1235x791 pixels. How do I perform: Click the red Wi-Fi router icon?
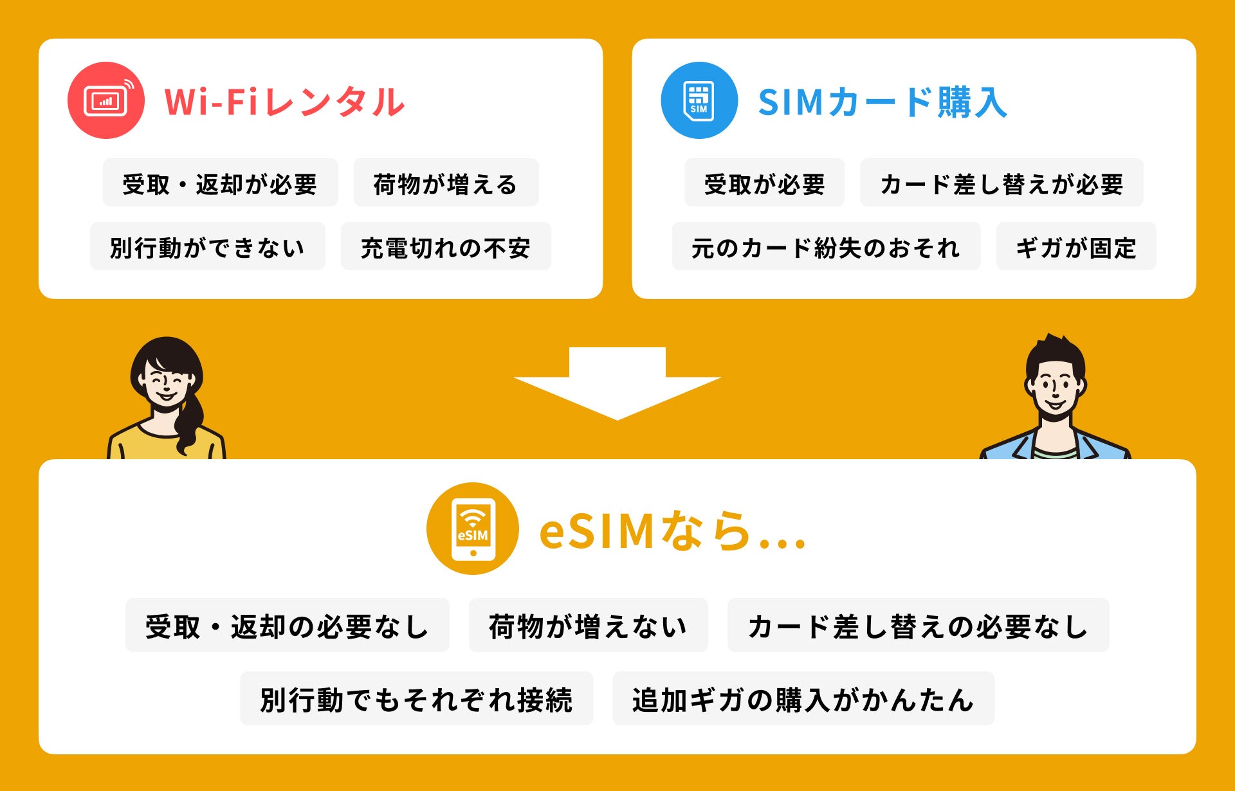pyautogui.click(x=105, y=100)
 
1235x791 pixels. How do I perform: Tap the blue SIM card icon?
pyautogui.click(x=699, y=100)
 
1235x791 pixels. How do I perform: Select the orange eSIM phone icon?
pyautogui.click(x=473, y=529)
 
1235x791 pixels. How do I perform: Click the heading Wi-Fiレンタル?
pyautogui.click(x=284, y=102)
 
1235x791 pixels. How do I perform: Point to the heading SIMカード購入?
pyautogui.click(x=883, y=102)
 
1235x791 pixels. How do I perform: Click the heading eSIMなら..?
pyautogui.click(x=672, y=531)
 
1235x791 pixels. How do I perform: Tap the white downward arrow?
pyautogui.click(x=617, y=383)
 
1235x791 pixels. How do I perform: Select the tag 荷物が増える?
pyautogui.click(x=446, y=183)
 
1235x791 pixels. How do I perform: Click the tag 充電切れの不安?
pyautogui.click(x=446, y=247)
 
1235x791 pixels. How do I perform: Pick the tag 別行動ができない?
pyautogui.click(x=207, y=247)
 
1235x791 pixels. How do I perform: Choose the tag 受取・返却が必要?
pyautogui.click(x=220, y=183)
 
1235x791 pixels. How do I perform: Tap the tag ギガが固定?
pyautogui.click(x=1075, y=247)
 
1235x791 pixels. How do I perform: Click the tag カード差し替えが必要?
pyautogui.click(x=1001, y=183)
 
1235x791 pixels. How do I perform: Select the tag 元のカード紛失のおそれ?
pyautogui.click(x=826, y=247)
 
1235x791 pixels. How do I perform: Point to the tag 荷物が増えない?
pyautogui.click(x=588, y=626)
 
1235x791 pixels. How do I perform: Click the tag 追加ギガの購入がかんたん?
pyautogui.click(x=803, y=699)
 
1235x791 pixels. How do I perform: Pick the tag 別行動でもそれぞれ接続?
pyautogui.click(x=416, y=699)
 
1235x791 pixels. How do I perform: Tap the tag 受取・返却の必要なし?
pyautogui.click(x=287, y=626)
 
